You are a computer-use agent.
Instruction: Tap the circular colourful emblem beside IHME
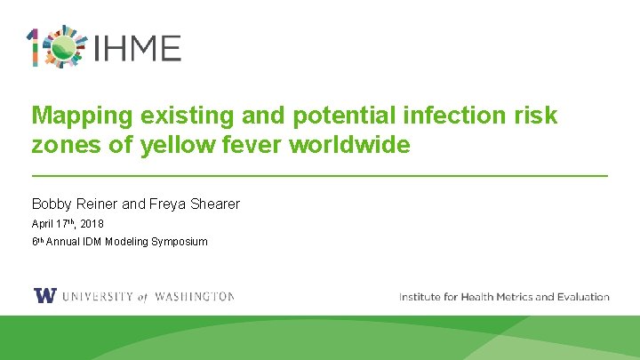tap(65, 47)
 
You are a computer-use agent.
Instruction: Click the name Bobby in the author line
tap(51, 204)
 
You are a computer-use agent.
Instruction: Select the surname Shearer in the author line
tap(212, 204)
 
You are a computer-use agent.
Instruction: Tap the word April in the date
tap(42, 224)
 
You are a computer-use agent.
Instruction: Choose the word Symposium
tap(180, 241)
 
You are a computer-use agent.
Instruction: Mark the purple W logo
tap(44, 297)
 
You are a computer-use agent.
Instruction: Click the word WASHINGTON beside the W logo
tap(194, 297)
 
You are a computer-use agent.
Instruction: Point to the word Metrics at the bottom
tap(508, 297)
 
